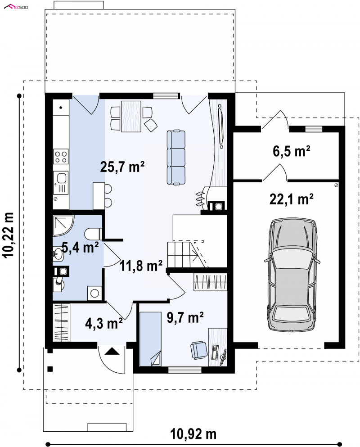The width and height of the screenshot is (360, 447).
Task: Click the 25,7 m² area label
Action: (x=122, y=166)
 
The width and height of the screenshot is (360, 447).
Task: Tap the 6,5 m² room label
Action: (x=291, y=151)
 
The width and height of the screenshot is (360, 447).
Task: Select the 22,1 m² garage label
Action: (x=291, y=199)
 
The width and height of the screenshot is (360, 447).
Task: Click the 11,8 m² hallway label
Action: (x=141, y=265)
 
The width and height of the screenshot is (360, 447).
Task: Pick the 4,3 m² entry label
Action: (x=104, y=323)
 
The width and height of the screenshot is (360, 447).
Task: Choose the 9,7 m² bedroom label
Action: (x=185, y=317)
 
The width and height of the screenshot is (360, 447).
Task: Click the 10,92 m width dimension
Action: (x=193, y=434)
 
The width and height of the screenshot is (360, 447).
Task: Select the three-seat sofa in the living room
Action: (x=176, y=157)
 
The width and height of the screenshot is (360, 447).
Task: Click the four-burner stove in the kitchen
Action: (x=61, y=157)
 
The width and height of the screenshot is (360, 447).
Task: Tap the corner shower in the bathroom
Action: (x=63, y=226)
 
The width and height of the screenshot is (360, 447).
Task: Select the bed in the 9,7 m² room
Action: (x=150, y=339)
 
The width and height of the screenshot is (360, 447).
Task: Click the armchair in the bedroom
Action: (x=199, y=349)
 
